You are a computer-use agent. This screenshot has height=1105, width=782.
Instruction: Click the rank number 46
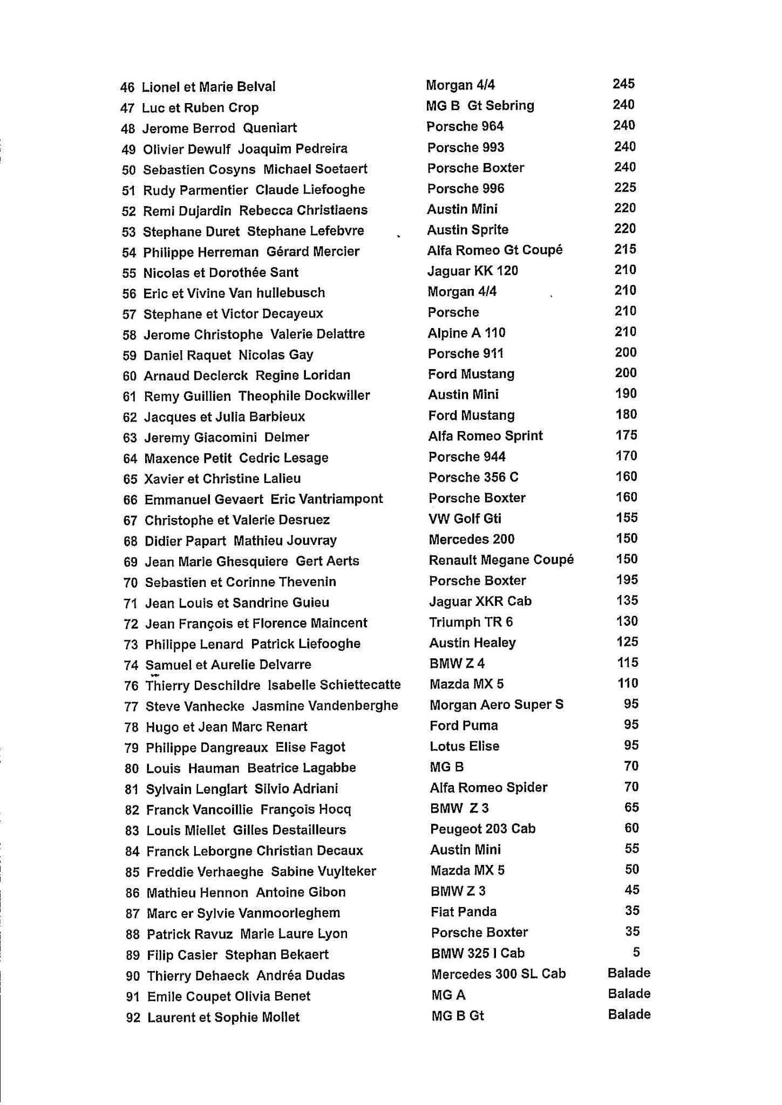127,87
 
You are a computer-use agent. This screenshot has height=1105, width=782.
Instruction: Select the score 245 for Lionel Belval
623,84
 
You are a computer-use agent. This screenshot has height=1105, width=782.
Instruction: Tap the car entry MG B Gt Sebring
480,106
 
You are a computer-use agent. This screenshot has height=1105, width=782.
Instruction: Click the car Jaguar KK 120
472,271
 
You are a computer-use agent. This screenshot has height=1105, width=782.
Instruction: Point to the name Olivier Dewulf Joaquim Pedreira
245,149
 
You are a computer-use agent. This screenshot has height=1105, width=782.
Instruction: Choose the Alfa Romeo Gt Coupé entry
495,250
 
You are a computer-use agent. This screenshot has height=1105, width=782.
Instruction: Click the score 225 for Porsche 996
625,188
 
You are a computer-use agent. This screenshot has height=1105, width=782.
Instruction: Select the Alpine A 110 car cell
466,333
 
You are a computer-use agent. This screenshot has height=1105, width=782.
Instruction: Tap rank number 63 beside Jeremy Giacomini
130,438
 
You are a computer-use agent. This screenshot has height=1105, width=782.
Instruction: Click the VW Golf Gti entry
465,519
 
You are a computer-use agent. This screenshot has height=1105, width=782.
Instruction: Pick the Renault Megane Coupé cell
501,560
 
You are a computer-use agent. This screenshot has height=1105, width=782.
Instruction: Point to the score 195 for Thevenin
627,580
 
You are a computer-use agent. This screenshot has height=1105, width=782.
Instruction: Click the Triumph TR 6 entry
471,622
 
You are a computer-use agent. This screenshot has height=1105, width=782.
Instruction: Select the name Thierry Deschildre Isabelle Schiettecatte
273,685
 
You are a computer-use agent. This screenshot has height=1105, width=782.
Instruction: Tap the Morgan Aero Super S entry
496,705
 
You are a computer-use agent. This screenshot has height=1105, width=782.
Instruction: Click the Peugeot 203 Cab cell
482,829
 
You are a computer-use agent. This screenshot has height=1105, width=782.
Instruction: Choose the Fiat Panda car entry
463,912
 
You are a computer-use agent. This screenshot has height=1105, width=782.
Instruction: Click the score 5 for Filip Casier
636,952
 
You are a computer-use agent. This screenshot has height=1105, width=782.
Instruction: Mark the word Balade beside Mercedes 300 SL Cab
629,973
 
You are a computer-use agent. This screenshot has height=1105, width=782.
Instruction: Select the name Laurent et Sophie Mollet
223,1018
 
